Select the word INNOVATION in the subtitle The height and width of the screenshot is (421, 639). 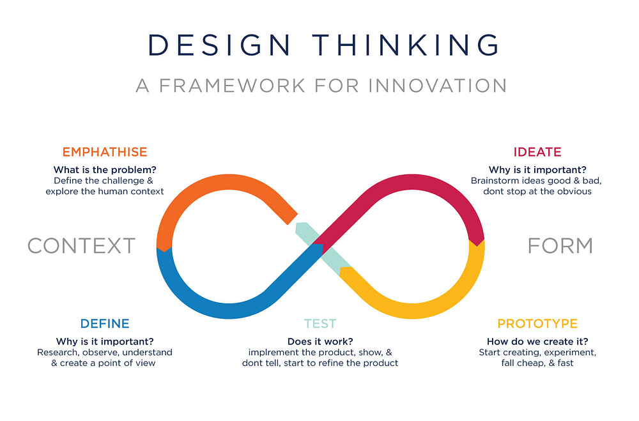435,86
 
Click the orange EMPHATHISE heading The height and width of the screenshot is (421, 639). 104,152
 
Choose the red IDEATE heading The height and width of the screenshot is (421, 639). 537,152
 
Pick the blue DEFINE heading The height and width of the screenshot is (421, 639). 105,324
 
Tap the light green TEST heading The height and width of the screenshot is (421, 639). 319,324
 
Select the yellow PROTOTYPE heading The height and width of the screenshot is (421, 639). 537,324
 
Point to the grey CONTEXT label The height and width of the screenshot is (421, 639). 81,245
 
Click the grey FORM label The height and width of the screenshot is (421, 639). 560,245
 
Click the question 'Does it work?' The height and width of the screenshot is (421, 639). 319,341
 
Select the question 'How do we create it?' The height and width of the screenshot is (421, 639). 537,341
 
